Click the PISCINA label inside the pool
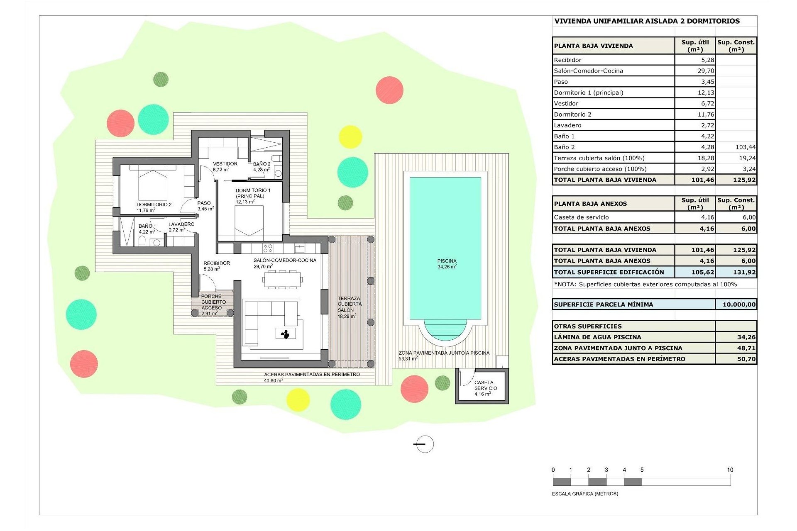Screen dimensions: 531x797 [447, 261]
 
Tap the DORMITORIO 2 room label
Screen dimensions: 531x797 [154, 205]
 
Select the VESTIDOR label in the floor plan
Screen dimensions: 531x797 [225, 164]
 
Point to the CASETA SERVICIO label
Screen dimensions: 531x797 [485, 385]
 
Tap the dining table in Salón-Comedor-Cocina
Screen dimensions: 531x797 [282, 279]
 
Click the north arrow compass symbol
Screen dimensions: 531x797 [424, 444]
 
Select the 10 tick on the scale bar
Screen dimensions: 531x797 [730, 470]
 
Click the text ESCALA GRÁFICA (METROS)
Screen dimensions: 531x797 [585, 494]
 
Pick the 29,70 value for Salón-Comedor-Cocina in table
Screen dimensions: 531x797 [706, 71]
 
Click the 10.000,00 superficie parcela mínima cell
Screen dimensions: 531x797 [738, 304]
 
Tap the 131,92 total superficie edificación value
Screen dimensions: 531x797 [744, 273]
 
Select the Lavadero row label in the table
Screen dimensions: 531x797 [567, 125]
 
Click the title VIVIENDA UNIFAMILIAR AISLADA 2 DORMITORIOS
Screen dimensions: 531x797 [647, 21]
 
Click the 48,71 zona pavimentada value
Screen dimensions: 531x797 [746, 348]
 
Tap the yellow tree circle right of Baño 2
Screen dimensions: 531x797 [350, 137]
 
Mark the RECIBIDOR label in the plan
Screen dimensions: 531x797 [216, 263]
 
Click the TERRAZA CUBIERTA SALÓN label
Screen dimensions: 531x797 [349, 304]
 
